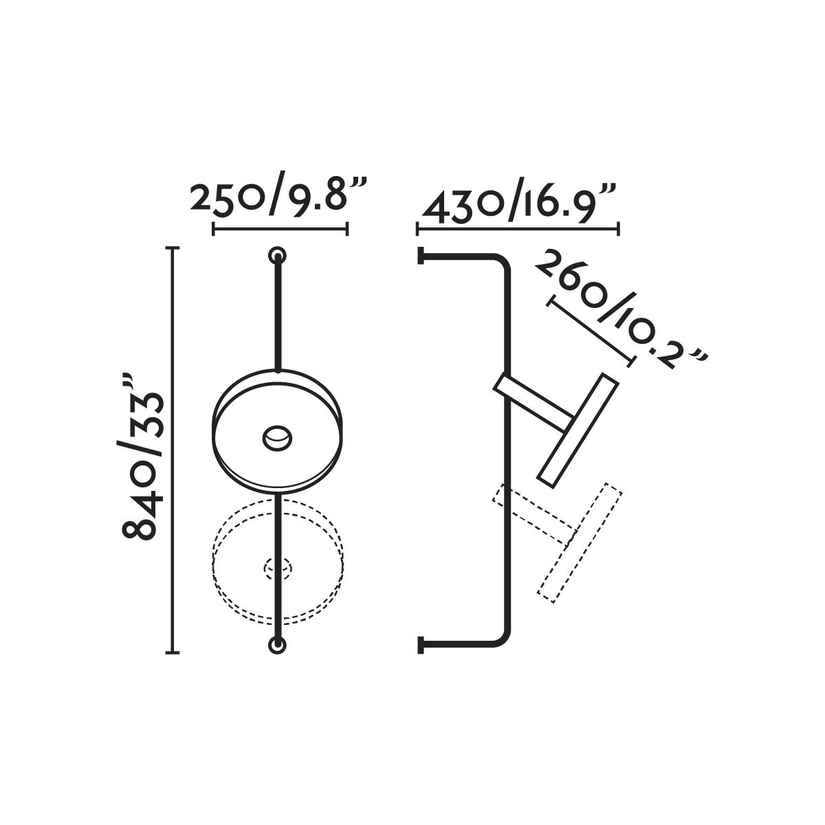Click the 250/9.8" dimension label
pyautogui.click(x=278, y=199)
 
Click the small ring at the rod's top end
pyautogui.click(x=278, y=256)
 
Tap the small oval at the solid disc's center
pyautogui.click(x=278, y=438)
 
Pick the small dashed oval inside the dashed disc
pyautogui.click(x=278, y=568)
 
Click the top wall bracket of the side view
pyautogui.click(x=421, y=256)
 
